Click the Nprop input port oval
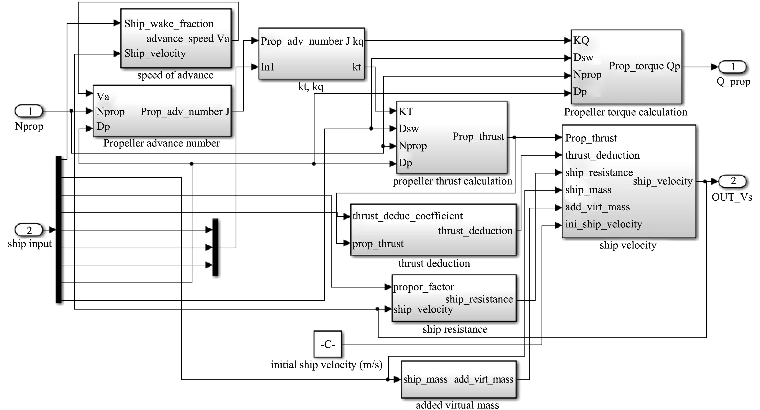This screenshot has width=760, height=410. pos(29,111)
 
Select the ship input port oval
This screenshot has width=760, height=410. pos(29,230)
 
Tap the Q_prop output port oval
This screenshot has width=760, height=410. pos(732,67)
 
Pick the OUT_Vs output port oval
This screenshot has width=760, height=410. pos(732,181)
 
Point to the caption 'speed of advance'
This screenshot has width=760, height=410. pos(175,75)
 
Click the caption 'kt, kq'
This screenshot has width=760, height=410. pos(311,87)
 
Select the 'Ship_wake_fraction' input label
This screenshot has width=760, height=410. pos(169,24)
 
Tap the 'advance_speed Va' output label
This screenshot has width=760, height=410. pos(188,39)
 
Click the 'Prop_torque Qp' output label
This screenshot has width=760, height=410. pos(644,66)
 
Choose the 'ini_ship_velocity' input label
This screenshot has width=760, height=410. pos(603,224)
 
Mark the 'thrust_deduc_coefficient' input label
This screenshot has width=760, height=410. pos(407,216)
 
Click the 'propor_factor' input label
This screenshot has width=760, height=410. pos(424,287)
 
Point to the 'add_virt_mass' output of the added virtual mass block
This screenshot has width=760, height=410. pos(484,379)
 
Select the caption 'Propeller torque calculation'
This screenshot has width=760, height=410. pos(626,112)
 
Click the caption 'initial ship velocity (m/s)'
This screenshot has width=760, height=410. pos(327,365)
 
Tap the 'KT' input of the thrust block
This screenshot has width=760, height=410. pos(406,112)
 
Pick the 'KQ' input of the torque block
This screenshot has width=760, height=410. pos(581,40)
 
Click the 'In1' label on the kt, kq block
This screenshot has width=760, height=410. pos(268,67)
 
